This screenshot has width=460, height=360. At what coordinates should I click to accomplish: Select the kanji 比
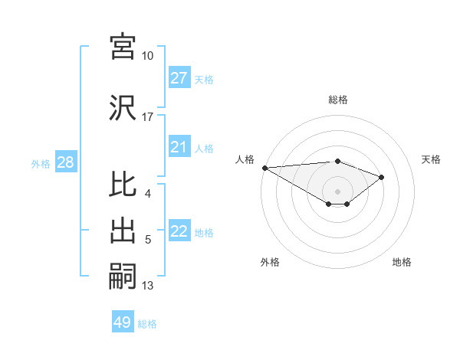click(123, 185)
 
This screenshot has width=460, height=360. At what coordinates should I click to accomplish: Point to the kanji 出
click(123, 231)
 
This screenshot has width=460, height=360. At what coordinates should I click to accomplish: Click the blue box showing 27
click(179, 78)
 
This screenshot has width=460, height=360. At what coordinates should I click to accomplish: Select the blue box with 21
click(179, 147)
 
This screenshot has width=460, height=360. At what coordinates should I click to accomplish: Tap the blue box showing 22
click(179, 232)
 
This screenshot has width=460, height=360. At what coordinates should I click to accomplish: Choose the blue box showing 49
click(123, 322)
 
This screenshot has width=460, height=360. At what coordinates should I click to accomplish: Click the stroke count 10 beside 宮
click(147, 56)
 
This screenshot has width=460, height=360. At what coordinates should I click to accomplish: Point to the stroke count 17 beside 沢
click(147, 117)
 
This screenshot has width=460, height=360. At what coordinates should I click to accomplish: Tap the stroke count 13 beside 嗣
click(147, 286)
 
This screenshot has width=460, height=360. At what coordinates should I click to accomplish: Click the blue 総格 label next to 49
click(147, 324)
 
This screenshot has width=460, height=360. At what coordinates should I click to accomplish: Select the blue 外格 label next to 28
click(41, 163)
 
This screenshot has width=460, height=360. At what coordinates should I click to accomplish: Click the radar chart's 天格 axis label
click(431, 159)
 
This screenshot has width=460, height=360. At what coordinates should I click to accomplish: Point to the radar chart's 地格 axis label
click(402, 262)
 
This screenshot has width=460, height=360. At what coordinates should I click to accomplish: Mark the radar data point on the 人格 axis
click(264, 167)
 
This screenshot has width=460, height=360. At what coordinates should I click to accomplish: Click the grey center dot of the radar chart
click(337, 190)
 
